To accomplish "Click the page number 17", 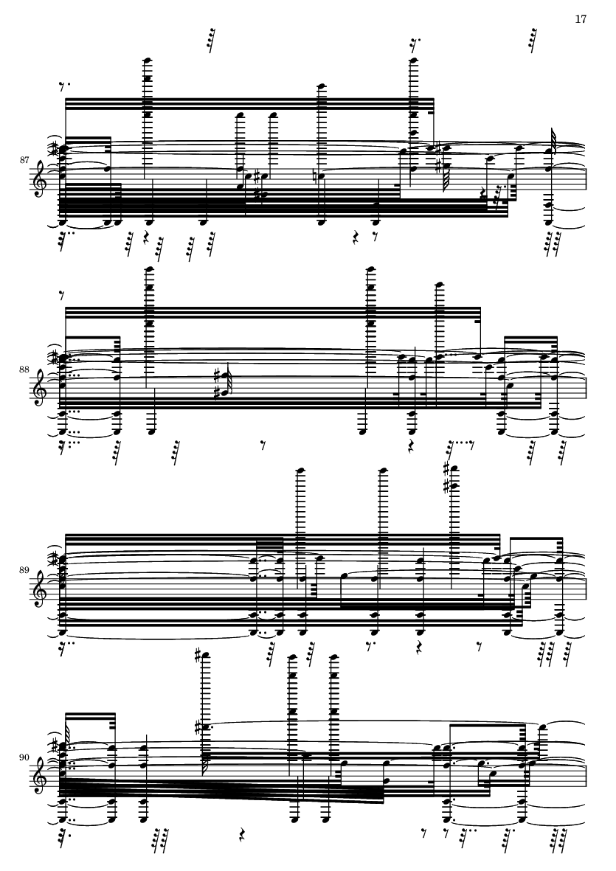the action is (581, 19).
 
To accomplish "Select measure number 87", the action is (24, 160).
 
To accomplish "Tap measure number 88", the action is (24, 368).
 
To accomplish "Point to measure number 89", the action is (24, 570).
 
